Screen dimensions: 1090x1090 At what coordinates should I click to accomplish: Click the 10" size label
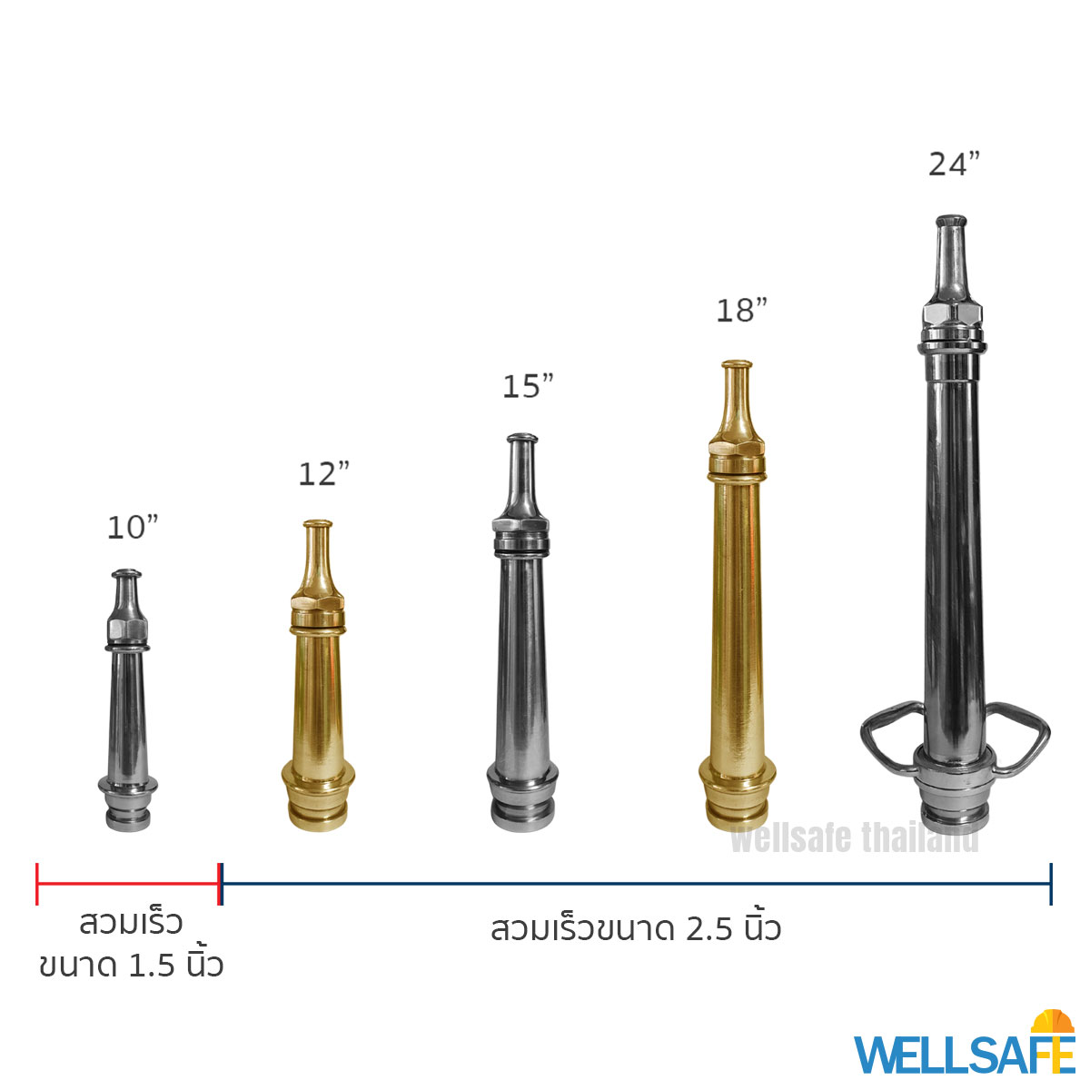(x=133, y=527)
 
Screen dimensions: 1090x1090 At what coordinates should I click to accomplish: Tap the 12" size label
(x=323, y=474)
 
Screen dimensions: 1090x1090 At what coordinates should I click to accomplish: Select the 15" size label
(x=528, y=386)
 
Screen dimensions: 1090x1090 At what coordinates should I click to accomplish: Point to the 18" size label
(x=741, y=310)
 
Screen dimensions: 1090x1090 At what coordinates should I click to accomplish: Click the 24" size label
(x=954, y=164)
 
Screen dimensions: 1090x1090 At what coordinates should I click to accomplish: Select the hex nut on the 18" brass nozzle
(x=737, y=449)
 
